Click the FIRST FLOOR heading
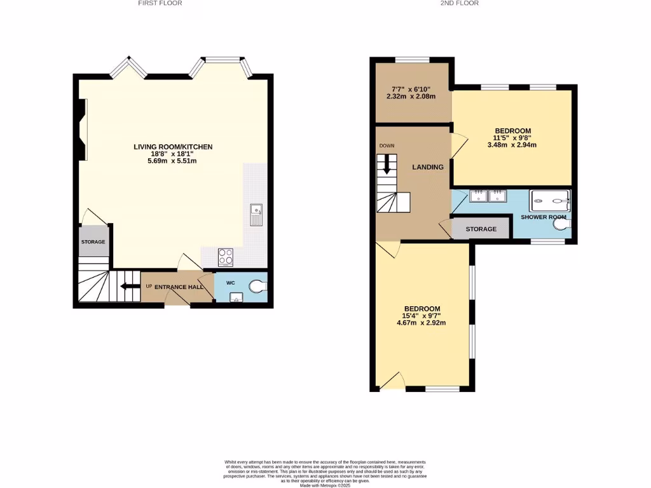point(160,3)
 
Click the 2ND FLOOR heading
point(459,3)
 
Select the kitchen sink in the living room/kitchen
point(256,215)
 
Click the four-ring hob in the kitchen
point(226,257)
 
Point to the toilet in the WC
point(257,287)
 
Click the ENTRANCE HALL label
point(179,287)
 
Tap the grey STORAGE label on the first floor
point(93,242)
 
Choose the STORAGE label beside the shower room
point(481,229)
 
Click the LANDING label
point(428,167)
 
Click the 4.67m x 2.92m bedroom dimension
point(421,323)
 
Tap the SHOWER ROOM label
point(543,217)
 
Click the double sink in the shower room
point(488,195)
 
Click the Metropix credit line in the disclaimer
point(325,485)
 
